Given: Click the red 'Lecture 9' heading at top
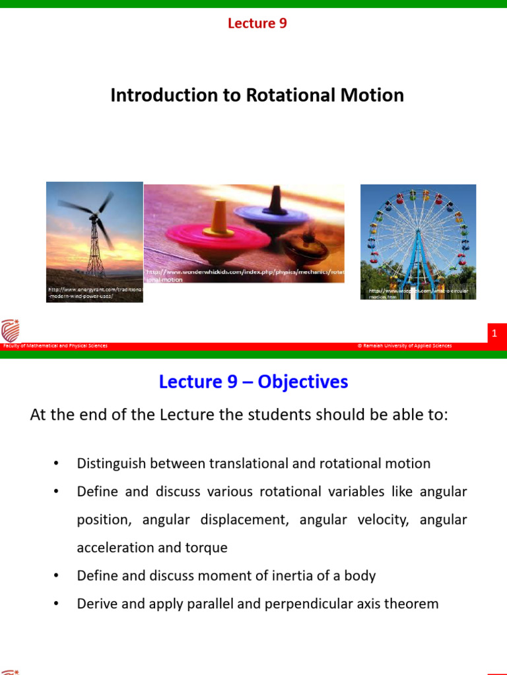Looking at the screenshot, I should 257,24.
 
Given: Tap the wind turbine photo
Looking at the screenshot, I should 94,231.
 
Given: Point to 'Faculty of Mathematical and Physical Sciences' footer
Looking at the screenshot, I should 55,346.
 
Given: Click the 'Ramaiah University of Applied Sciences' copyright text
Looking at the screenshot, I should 404,346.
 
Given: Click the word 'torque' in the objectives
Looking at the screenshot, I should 209,548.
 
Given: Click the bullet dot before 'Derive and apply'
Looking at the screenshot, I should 57,604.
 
